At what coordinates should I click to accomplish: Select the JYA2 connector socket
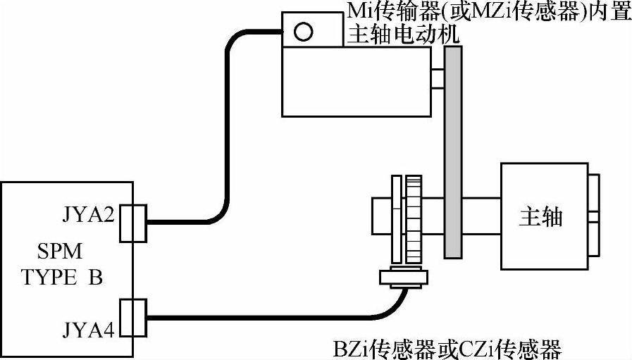pyautogui.click(x=133, y=223)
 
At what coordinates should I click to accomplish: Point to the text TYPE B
pyautogui.click(x=63, y=277)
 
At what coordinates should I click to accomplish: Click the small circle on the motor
pyautogui.click(x=304, y=31)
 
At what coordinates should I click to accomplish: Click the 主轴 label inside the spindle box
pyautogui.click(x=540, y=217)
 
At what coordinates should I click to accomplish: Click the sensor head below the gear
pyautogui.click(x=404, y=278)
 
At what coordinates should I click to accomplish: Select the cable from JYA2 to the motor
pyautogui.click(x=226, y=141)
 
